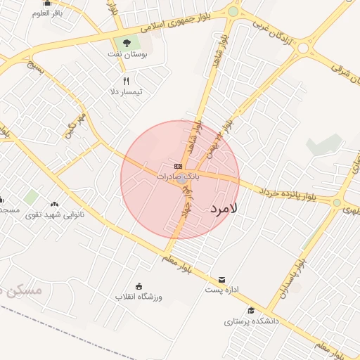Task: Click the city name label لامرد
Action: coord(224,209)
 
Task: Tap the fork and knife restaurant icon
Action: coord(127,81)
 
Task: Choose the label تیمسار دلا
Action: coord(126,92)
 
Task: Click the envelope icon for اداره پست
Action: coord(222,279)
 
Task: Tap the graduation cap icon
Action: coord(251,310)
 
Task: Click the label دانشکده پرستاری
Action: coord(252,321)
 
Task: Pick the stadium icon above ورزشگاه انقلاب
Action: coord(139,285)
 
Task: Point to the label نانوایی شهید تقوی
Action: coord(56,214)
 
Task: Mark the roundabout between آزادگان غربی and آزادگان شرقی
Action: coord(304,47)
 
